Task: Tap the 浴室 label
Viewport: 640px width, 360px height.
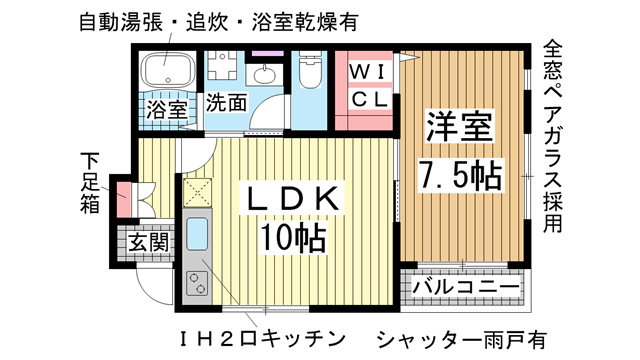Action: click(x=167, y=108)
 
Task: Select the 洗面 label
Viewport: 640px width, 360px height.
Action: click(x=227, y=102)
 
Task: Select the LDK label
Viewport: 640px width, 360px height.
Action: click(x=295, y=199)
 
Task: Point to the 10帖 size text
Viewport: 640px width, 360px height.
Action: click(x=293, y=239)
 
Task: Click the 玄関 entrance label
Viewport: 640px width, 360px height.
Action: click(x=146, y=242)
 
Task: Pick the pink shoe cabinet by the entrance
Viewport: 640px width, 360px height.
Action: click(x=124, y=197)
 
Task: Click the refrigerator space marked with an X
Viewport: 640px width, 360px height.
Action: click(x=197, y=191)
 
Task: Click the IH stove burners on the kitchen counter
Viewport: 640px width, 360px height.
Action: click(x=196, y=283)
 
